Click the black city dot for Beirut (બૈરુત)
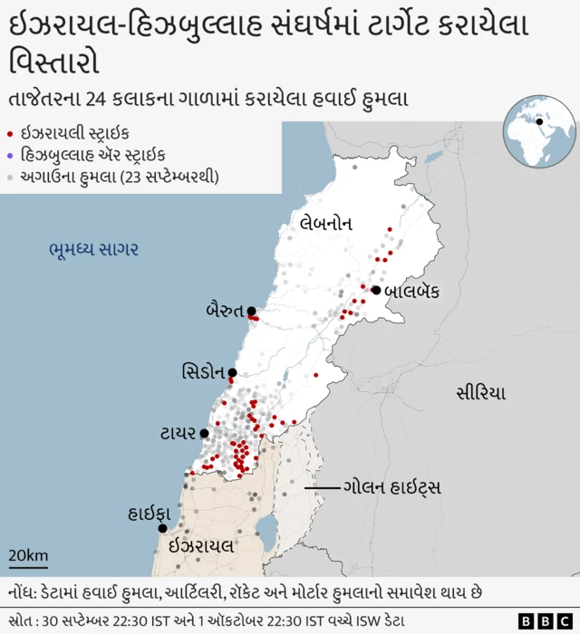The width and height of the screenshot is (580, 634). pos(251,312)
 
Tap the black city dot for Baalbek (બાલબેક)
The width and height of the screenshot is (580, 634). pos(375,290)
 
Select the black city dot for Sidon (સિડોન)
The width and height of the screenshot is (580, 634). pos(232,372)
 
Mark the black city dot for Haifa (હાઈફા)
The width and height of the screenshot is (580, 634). pos(163,528)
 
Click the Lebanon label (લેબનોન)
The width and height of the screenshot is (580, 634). pos(326,223)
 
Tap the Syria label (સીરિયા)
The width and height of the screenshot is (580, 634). pos(480,393)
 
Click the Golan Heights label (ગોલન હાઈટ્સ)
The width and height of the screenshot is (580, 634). pos(391,488)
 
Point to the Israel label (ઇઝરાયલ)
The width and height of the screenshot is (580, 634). pos(201,546)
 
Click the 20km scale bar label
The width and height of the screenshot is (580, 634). pos(28,555)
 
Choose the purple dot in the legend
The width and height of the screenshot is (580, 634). pos(9,156)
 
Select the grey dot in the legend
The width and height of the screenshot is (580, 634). pos(9,177)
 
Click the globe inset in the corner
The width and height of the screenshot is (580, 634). pos(540,131)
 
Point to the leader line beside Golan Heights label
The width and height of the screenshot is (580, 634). pos(320,489)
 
